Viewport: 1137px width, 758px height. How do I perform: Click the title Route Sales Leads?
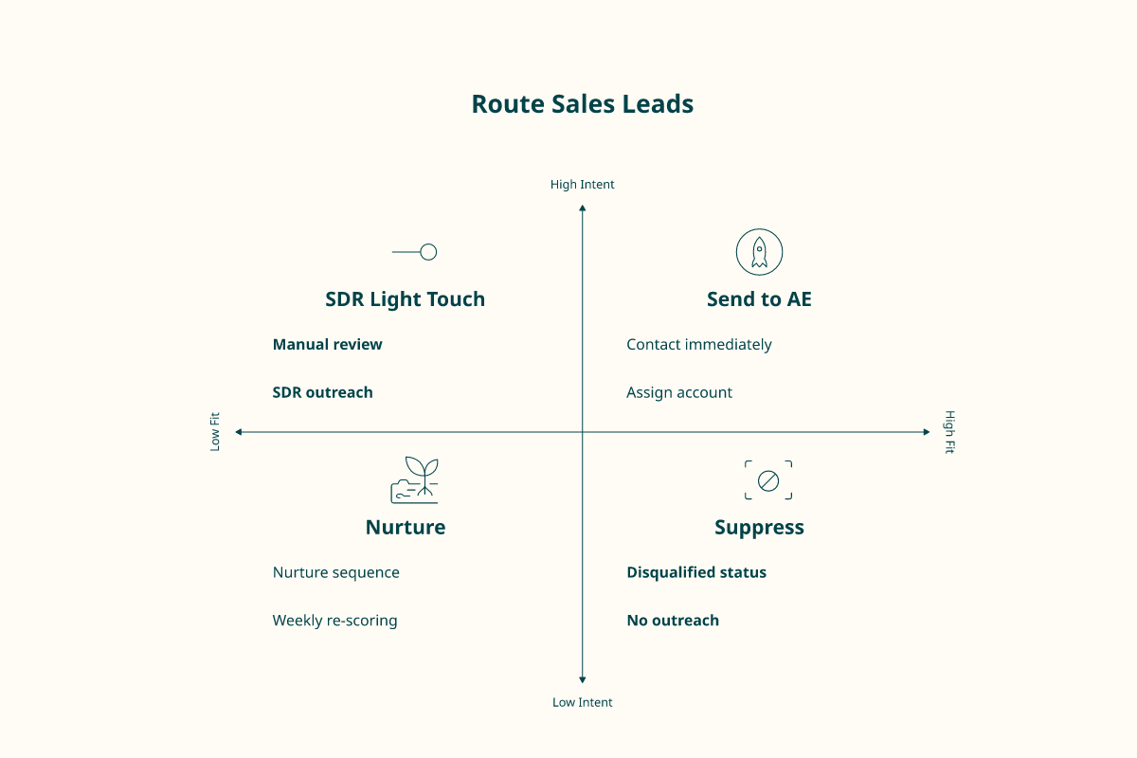click(582, 104)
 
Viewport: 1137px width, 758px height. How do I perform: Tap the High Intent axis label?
click(582, 185)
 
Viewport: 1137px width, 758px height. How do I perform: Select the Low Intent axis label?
click(582, 702)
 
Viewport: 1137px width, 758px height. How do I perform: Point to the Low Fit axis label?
click(215, 431)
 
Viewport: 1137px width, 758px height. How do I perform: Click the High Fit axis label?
click(949, 431)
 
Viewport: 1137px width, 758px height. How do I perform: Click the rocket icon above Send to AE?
click(759, 252)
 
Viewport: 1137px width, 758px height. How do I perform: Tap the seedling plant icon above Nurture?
click(414, 479)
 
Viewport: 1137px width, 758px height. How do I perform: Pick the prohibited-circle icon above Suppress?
click(768, 480)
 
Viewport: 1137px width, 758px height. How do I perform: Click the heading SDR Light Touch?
click(406, 299)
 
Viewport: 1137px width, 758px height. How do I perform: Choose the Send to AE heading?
click(759, 299)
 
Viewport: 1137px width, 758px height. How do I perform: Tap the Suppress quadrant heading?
click(759, 528)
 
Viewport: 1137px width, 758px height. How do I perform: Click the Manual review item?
click(328, 344)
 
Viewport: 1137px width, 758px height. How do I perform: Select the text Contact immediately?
click(699, 344)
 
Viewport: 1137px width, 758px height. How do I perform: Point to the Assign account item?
click(679, 392)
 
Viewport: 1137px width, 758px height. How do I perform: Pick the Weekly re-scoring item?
click(335, 621)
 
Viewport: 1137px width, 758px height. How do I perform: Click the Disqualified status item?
click(696, 572)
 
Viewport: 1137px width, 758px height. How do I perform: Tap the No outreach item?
click(673, 621)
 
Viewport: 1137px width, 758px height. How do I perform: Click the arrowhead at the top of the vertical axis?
click(582, 208)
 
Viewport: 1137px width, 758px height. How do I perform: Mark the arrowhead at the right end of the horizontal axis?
click(927, 432)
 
